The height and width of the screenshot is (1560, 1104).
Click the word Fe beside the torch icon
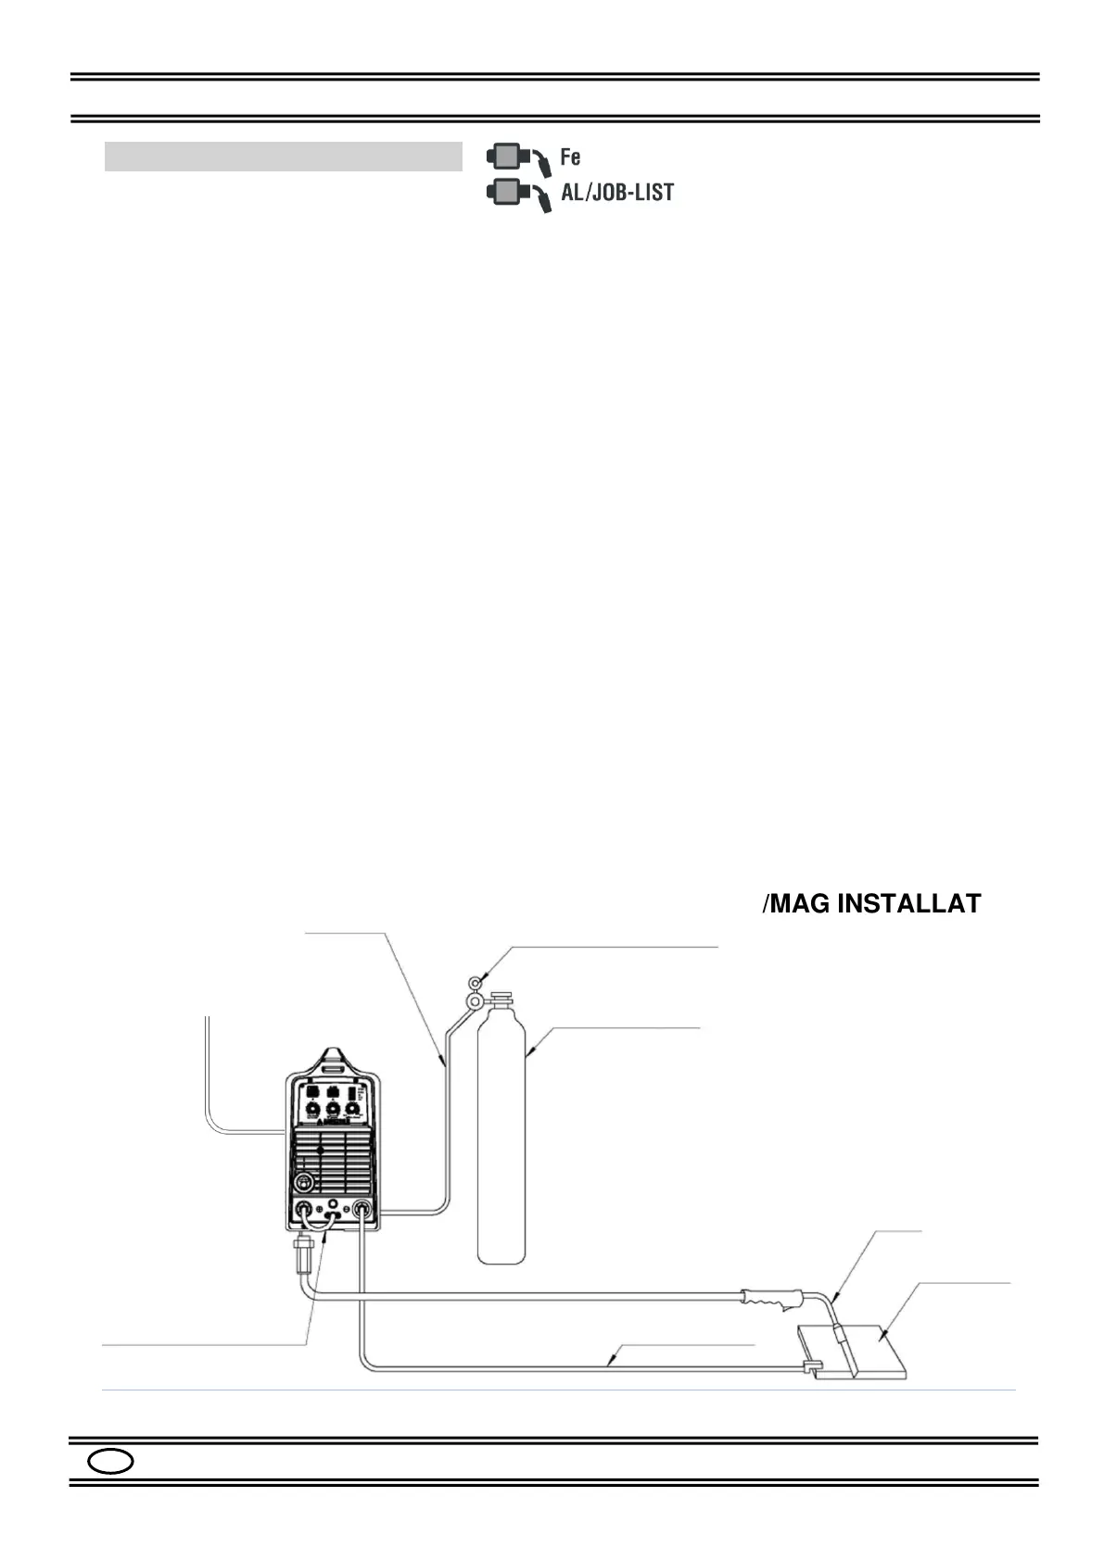point(570,157)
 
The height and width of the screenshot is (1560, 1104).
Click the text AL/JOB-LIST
point(617,193)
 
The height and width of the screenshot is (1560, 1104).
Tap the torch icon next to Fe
point(518,157)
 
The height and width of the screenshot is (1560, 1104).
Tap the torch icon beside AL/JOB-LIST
point(518,194)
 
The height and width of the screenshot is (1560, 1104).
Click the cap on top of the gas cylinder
point(501,1000)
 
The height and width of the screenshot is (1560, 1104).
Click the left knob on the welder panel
point(311,1109)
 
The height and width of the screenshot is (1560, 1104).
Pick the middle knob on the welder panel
point(332,1109)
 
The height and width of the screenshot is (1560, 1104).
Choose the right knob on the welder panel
point(352,1109)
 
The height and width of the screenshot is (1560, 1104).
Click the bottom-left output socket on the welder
point(302,1208)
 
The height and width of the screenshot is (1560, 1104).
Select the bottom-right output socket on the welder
point(362,1208)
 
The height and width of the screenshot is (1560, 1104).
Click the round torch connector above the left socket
point(302,1182)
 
